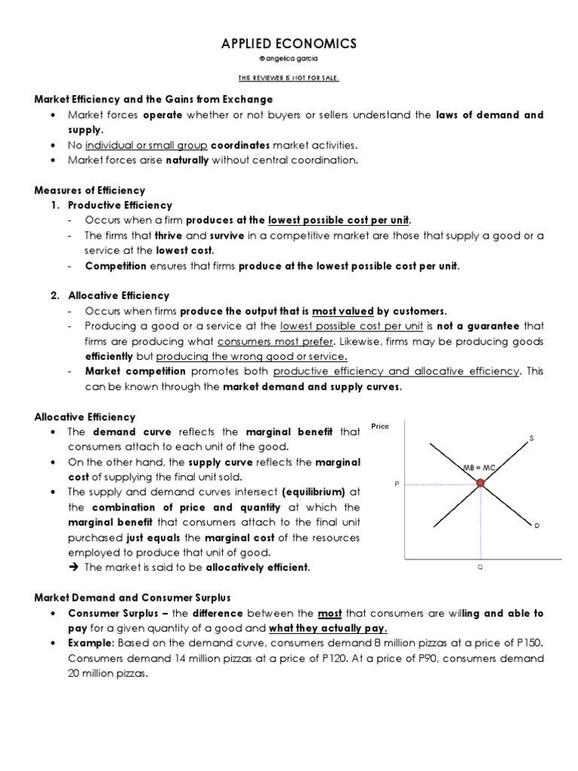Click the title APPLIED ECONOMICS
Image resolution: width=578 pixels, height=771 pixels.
(289, 44)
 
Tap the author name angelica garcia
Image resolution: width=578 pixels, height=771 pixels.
(289, 59)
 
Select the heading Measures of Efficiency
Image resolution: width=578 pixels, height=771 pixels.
(90, 190)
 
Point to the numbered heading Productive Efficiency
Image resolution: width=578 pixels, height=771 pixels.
(120, 205)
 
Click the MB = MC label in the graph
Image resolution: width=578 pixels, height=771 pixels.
(478, 468)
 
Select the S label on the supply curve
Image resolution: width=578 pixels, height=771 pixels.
(531, 440)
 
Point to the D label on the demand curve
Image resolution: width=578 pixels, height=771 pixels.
(537, 526)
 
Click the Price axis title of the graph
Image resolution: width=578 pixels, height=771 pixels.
(380, 426)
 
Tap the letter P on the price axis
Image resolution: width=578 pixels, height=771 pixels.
(396, 485)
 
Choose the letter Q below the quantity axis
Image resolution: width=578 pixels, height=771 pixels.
(479, 568)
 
